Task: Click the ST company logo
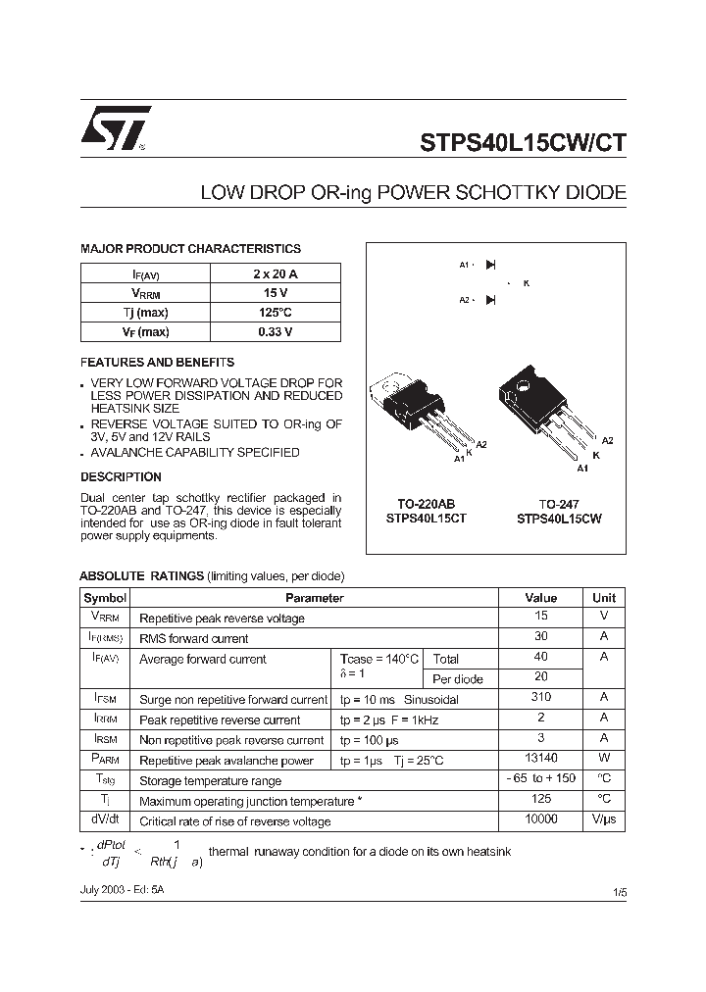coord(116,128)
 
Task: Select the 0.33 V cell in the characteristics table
coord(275,331)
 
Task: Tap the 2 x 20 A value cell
coord(275,273)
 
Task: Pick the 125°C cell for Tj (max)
coord(275,312)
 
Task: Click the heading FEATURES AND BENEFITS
coord(157,362)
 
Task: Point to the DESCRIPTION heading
coord(121,477)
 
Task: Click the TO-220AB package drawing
coord(417,412)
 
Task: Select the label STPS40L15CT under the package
coord(427,519)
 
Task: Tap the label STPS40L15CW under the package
coord(559,519)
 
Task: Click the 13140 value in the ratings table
coord(540,758)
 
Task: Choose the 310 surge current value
coord(540,697)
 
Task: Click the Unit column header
coord(604,597)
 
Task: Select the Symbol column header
coord(105,597)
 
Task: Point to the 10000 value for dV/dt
coord(540,818)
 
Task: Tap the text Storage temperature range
coord(211,781)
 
